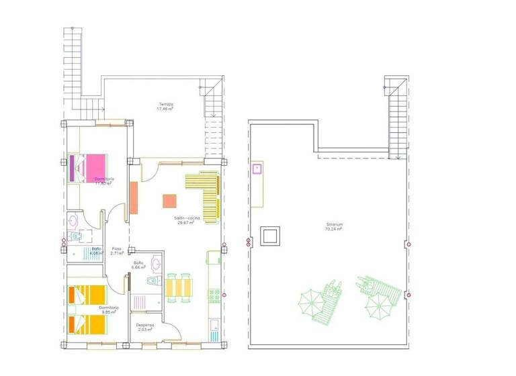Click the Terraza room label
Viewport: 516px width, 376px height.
pyautogui.click(x=165, y=104)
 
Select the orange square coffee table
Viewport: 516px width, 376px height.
pyautogui.click(x=169, y=201)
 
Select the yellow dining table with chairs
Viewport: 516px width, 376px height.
pyautogui.click(x=179, y=287)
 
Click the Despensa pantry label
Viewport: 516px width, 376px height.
pyautogui.click(x=140, y=324)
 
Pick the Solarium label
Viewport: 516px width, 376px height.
pyautogui.click(x=334, y=224)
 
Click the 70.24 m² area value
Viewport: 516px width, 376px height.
pyautogui.click(x=334, y=229)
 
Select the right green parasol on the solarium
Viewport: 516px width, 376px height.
pyautogui.click(x=378, y=307)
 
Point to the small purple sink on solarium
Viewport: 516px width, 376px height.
pyautogui.click(x=257, y=168)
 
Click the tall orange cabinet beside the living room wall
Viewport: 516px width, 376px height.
pyautogui.click(x=134, y=198)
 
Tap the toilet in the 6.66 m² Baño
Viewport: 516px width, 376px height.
pyautogui.click(x=152, y=281)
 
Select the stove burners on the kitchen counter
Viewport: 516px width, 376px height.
pyautogui.click(x=214, y=293)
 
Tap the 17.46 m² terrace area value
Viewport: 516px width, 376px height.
pyautogui.click(x=165, y=109)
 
